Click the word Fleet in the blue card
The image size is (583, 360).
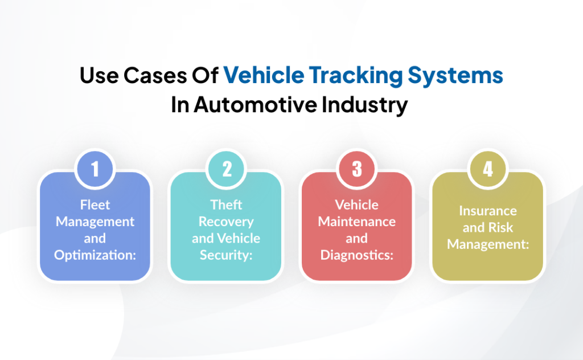pyautogui.click(x=95, y=204)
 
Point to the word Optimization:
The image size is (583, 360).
pyautogui.click(x=95, y=255)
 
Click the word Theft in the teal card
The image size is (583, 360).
pyautogui.click(x=226, y=204)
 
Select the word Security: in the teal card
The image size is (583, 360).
pyautogui.click(x=226, y=255)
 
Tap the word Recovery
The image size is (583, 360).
pyautogui.click(x=226, y=221)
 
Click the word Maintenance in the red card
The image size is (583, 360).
pyautogui.click(x=357, y=221)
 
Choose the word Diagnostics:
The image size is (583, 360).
pyautogui.click(x=357, y=255)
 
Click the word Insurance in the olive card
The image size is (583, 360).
pyautogui.click(x=488, y=210)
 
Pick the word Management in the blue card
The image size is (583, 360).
pyautogui.click(x=95, y=221)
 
